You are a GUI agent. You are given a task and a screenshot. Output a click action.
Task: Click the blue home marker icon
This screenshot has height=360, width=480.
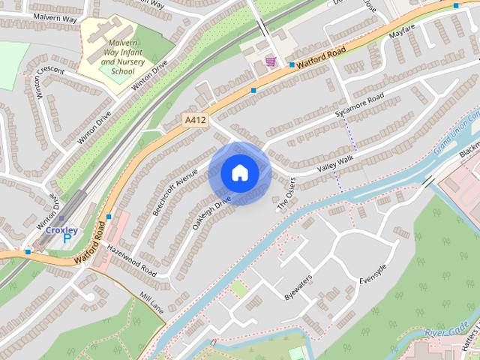(x=240, y=173)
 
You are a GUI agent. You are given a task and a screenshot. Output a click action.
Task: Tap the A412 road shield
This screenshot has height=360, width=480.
(x=193, y=119)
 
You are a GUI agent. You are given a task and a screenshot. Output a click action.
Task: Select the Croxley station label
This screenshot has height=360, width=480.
(x=61, y=230)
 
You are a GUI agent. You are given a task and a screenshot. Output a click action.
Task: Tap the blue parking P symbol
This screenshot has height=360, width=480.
(x=67, y=239)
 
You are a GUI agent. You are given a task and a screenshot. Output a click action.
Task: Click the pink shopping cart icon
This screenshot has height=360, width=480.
(x=270, y=61)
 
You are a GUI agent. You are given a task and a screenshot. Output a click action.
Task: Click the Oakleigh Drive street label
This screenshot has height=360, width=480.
(x=212, y=212)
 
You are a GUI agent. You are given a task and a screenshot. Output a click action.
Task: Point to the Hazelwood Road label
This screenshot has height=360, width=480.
(x=130, y=259)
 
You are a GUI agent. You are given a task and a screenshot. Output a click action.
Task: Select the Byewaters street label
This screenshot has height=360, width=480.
(x=298, y=287)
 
